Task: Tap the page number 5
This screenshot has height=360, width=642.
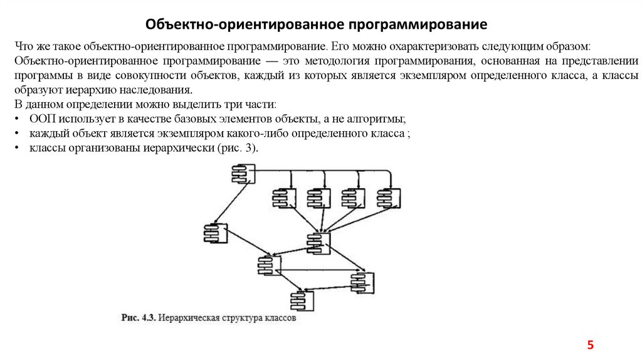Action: coord(590,345)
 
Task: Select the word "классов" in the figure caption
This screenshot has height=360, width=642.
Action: coord(279,318)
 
